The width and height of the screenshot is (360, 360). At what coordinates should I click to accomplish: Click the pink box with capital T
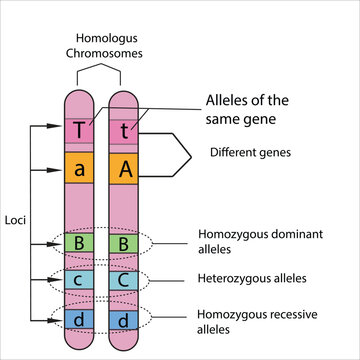(x=79, y=130)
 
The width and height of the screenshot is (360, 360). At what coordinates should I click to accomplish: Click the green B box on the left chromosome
(x=79, y=243)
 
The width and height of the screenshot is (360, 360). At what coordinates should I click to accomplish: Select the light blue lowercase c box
(x=79, y=280)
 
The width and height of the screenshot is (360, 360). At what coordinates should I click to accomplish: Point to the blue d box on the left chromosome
(x=79, y=320)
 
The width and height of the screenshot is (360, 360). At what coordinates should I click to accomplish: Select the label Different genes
(x=250, y=152)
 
